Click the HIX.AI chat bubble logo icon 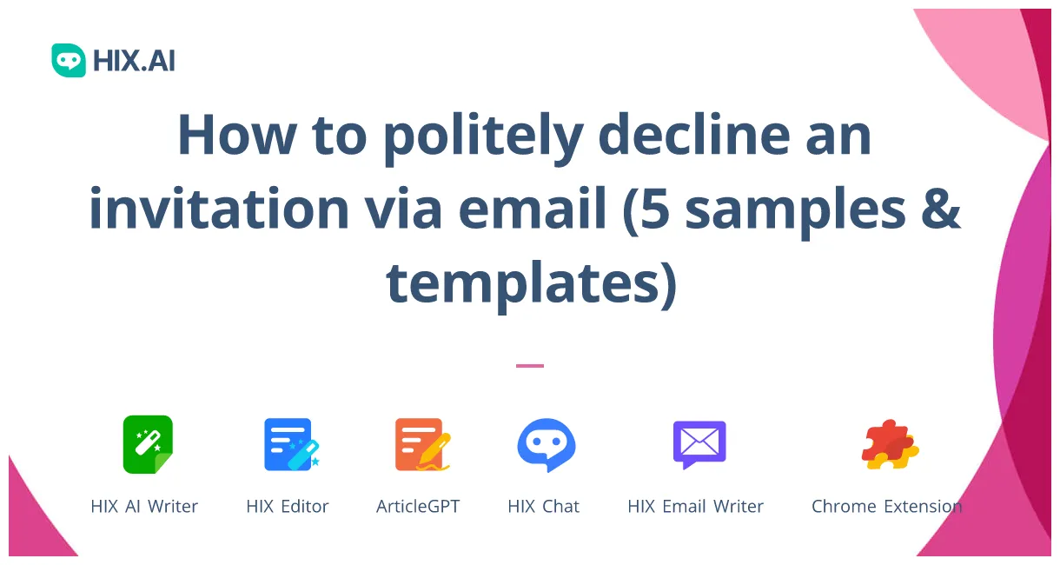[x=69, y=60]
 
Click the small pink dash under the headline [x=530, y=366]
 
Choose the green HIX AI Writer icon [x=148, y=444]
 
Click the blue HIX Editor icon [x=290, y=444]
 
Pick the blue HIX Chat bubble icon [x=546, y=444]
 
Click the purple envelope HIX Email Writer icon [x=699, y=444]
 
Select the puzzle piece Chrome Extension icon [x=890, y=444]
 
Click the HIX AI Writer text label [x=144, y=506]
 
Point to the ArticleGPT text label [x=418, y=506]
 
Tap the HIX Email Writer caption [x=695, y=506]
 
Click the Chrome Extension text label [x=886, y=506]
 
